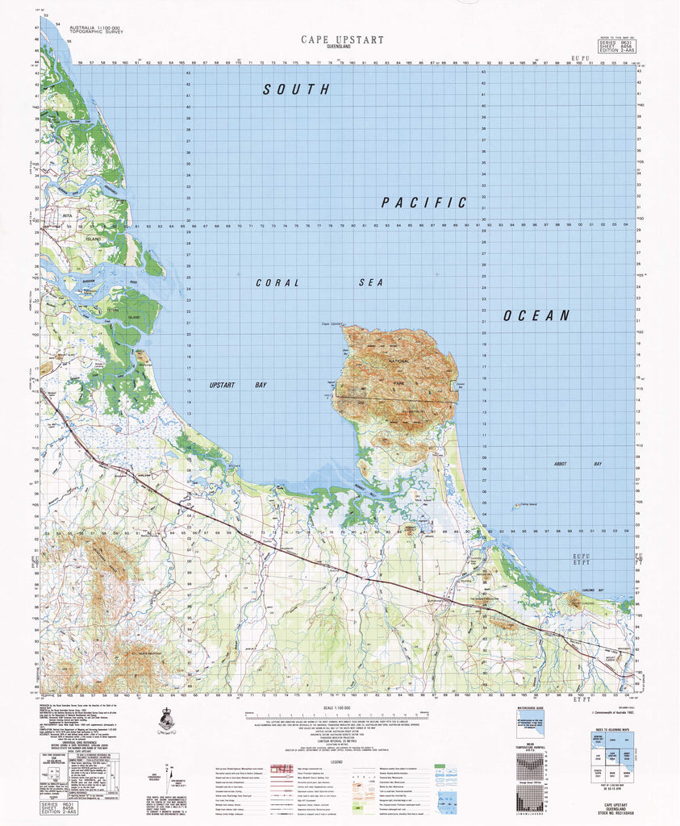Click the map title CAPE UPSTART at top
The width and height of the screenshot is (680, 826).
point(342,39)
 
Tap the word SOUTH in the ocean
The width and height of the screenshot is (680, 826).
point(296,90)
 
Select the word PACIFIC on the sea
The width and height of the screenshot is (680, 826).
point(424,202)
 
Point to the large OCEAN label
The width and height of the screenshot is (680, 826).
point(536,315)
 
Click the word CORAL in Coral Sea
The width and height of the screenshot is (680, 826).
point(277,283)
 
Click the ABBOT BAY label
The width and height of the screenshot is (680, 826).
point(566,465)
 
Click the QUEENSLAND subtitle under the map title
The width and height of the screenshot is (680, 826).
point(342,48)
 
